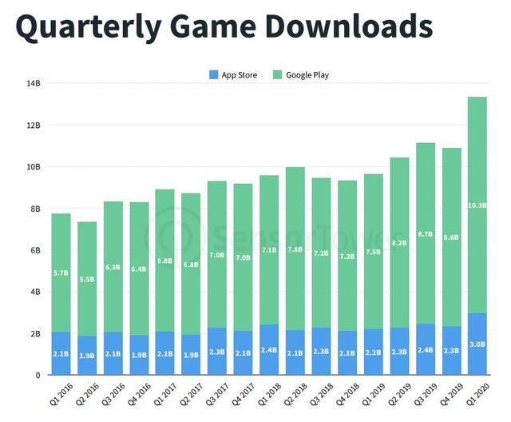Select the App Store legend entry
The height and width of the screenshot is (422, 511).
point(233,75)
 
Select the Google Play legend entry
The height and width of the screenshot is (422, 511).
point(301,75)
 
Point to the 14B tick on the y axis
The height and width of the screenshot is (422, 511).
point(33,83)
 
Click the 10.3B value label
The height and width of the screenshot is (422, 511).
point(477,205)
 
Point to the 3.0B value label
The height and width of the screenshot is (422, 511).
point(477,344)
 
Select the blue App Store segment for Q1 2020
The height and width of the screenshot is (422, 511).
point(477,352)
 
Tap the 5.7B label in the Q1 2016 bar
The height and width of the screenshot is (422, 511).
point(61,273)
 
